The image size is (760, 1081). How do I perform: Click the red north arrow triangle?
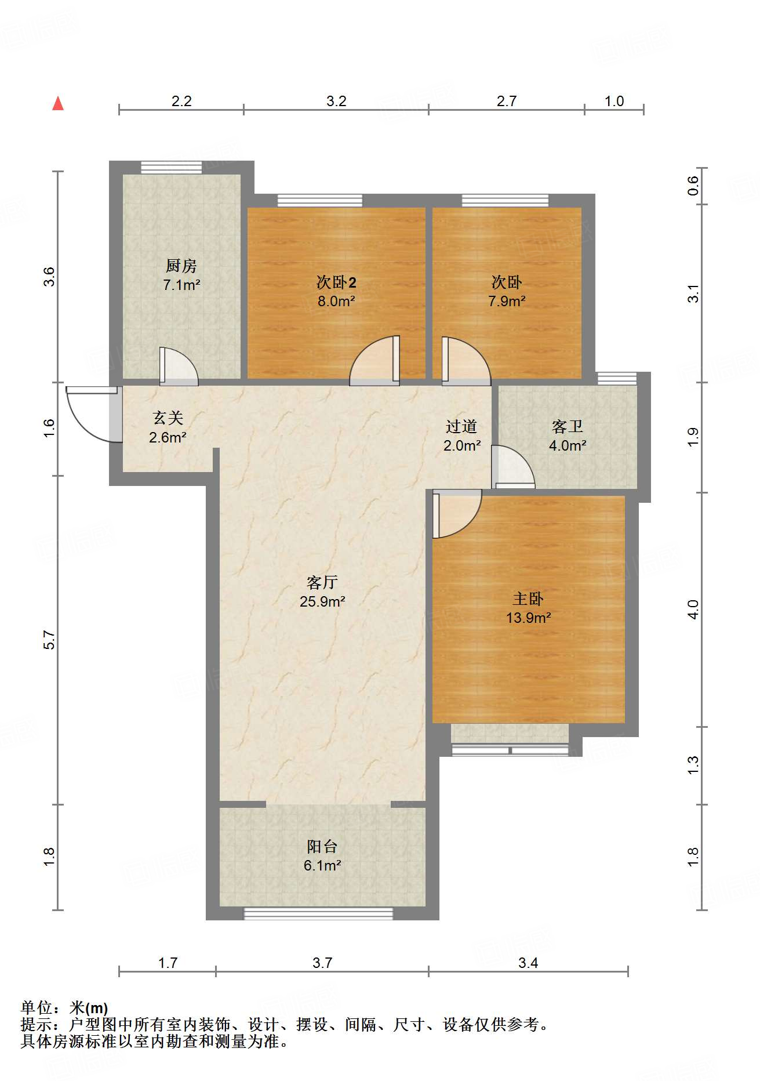[58, 103]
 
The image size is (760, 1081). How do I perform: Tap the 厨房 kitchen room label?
[181, 266]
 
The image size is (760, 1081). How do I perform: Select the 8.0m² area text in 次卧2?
[336, 301]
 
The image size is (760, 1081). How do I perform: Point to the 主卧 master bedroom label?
[528, 598]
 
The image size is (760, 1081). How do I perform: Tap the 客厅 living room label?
[322, 582]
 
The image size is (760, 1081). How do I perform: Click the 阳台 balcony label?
[322, 846]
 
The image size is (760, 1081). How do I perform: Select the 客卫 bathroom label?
[567, 427]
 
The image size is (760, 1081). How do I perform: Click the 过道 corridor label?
[461, 427]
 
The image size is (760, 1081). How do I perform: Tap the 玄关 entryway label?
[168, 418]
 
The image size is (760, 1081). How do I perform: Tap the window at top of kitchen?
[171, 167]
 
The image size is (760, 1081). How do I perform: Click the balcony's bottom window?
[318, 913]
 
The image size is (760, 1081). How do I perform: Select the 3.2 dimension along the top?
[336, 101]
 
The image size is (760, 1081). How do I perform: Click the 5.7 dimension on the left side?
[50, 640]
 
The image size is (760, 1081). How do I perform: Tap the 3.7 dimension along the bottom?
[322, 963]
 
